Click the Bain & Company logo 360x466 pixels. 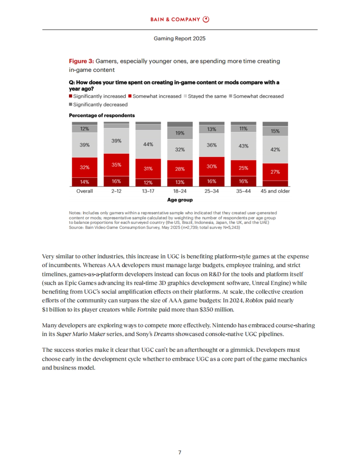click(180, 19)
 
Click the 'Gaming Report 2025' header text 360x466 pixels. click(179, 38)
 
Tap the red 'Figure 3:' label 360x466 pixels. click(81, 61)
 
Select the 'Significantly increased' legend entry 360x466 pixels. click(97, 96)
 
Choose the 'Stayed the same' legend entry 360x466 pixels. click(205, 96)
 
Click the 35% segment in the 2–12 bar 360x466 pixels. click(116, 165)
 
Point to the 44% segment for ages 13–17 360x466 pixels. click(148, 144)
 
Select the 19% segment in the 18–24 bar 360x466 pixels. click(180, 133)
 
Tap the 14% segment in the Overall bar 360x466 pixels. click(85, 182)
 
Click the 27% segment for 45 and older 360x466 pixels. click(275, 172)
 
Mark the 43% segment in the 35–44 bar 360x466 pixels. click(243, 146)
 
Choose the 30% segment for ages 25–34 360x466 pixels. click(211, 166)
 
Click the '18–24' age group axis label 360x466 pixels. click(180, 191)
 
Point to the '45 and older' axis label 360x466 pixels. click(275, 191)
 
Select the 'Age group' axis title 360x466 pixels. click(180, 200)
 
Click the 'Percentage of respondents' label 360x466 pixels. click(102, 115)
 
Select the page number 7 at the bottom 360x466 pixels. click(180, 453)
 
